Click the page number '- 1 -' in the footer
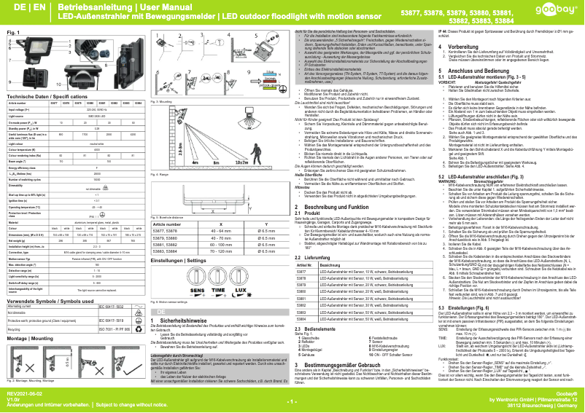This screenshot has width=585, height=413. click(291, 401)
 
